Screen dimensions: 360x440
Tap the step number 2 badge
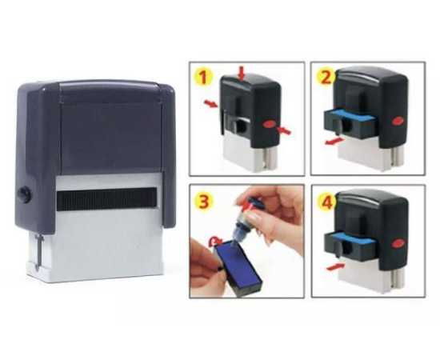pos(326,78)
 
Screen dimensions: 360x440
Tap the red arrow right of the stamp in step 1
pos(286,130)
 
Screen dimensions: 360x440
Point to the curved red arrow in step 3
pos(212,239)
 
